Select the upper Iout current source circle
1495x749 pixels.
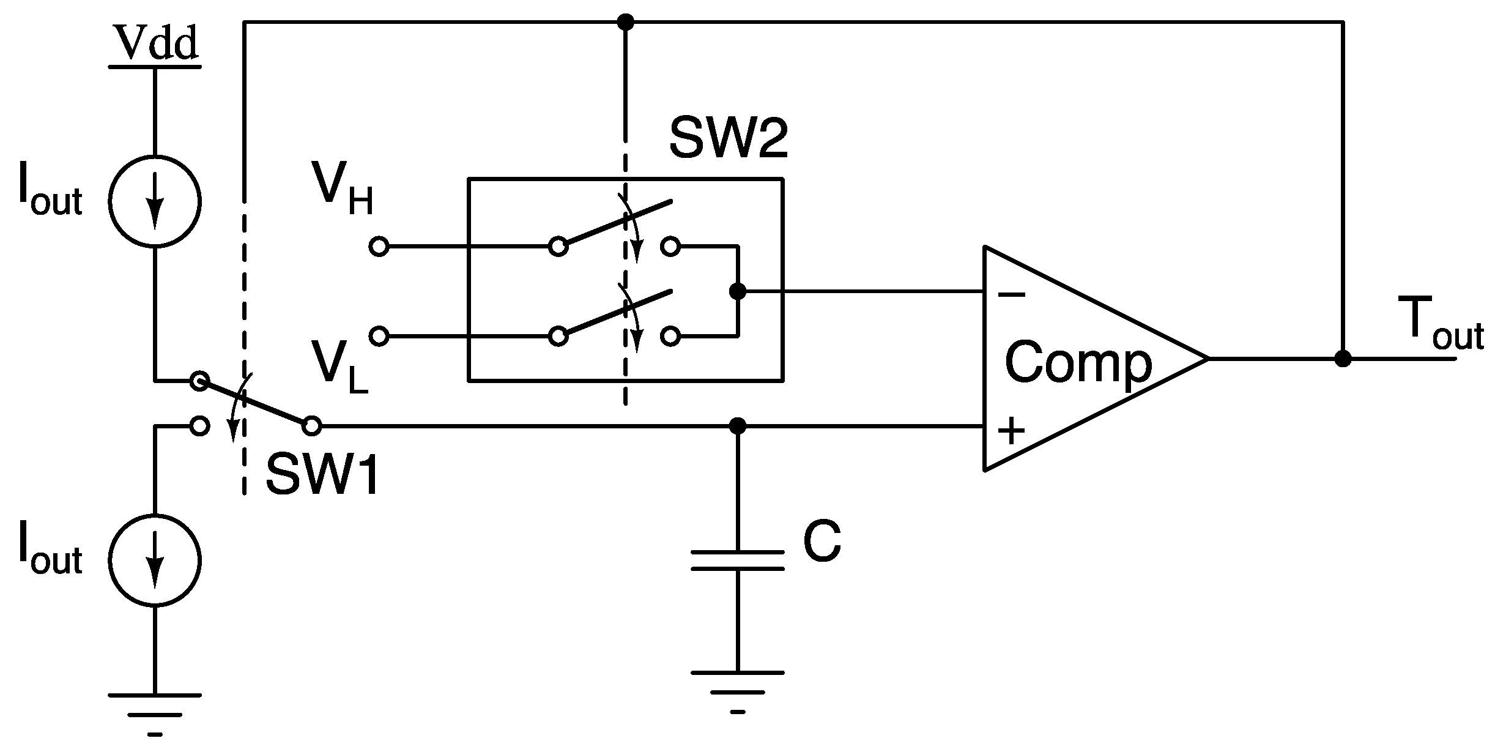155,201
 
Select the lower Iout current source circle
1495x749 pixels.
155,561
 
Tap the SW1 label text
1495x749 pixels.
322,475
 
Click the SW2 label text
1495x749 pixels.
727,138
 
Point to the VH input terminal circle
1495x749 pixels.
379,247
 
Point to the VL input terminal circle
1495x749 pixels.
379,336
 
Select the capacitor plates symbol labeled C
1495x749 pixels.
738,561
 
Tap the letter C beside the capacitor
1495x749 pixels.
822,542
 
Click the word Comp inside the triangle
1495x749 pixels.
1078,363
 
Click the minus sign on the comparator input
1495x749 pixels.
1011,296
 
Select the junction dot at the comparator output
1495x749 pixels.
1343,359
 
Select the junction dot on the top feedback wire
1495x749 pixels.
625,23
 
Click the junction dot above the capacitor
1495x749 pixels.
738,426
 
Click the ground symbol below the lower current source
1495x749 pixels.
155,714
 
